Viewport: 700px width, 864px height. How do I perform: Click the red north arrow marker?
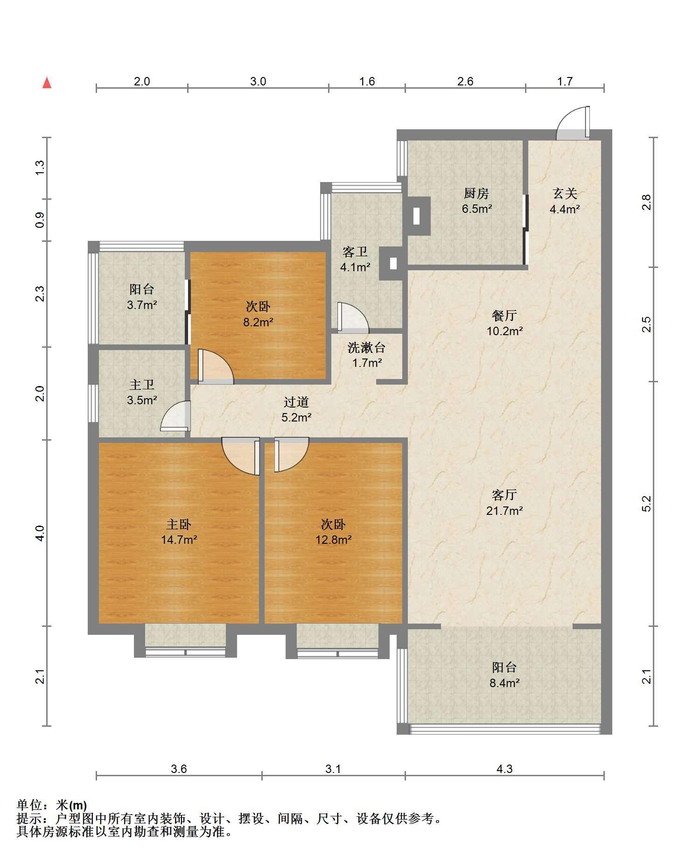click(x=47, y=83)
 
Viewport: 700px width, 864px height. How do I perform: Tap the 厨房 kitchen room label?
click(x=476, y=193)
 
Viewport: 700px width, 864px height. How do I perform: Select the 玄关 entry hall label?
click(x=565, y=193)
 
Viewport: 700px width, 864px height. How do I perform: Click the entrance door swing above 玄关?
click(x=573, y=124)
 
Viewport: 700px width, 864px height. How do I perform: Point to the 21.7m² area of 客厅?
click(x=504, y=511)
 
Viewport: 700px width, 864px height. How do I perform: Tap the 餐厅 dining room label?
click(x=504, y=316)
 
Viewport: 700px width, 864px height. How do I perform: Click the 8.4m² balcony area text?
click(x=504, y=683)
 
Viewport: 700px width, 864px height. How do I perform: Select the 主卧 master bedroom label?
click(x=179, y=524)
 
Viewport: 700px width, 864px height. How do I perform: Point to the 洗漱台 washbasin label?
click(x=367, y=347)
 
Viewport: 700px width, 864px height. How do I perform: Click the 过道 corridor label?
click(x=296, y=402)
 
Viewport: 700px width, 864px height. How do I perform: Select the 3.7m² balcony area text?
click(x=142, y=305)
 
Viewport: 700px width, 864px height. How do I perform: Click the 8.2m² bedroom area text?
click(x=258, y=322)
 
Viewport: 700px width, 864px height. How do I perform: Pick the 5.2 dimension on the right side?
click(x=646, y=503)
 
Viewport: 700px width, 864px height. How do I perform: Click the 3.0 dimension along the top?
click(x=258, y=82)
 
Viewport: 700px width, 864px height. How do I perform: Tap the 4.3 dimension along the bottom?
click(x=504, y=769)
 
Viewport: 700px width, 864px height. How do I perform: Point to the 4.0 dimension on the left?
click(x=41, y=533)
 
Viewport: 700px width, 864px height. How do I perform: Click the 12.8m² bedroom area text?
click(x=333, y=540)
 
